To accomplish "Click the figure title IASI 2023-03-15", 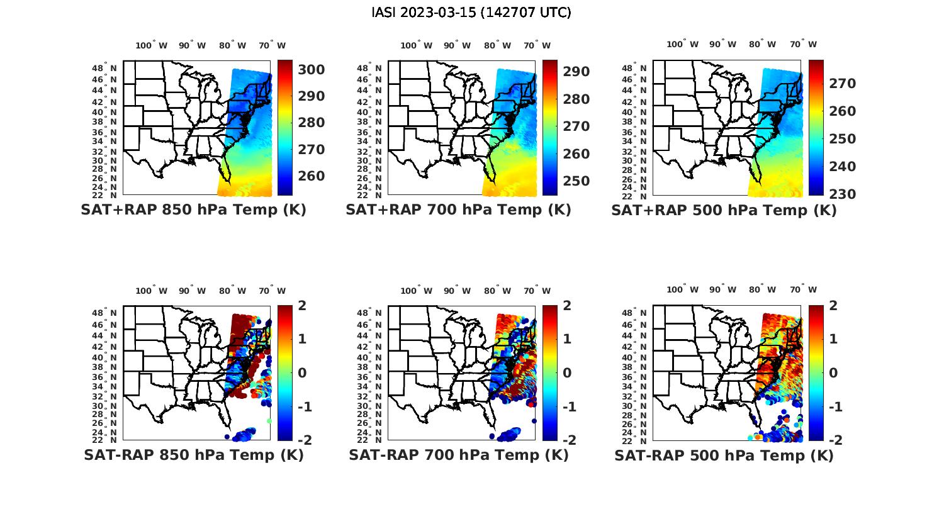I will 471,13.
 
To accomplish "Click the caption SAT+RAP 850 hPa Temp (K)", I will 193,210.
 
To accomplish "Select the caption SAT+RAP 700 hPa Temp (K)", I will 458,210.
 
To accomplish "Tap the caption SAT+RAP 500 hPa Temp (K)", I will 724,211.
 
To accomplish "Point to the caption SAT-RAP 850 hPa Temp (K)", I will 193,455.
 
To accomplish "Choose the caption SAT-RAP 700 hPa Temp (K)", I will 458,455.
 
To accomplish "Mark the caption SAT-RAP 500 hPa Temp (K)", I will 724,455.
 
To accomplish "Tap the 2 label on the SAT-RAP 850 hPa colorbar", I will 302,306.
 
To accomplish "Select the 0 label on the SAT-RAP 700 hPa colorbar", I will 567,373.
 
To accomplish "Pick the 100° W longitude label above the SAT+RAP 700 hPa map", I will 416,45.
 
